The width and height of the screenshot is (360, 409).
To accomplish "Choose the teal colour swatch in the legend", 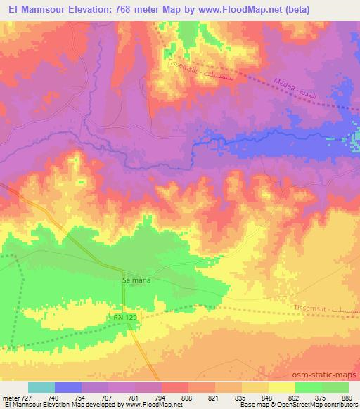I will pyautogui.click(x=41, y=387).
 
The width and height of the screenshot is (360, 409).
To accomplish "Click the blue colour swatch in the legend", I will pyautogui.click(x=68, y=387).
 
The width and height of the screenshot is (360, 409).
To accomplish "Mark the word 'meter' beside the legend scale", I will pyautogui.click(x=11, y=397).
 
